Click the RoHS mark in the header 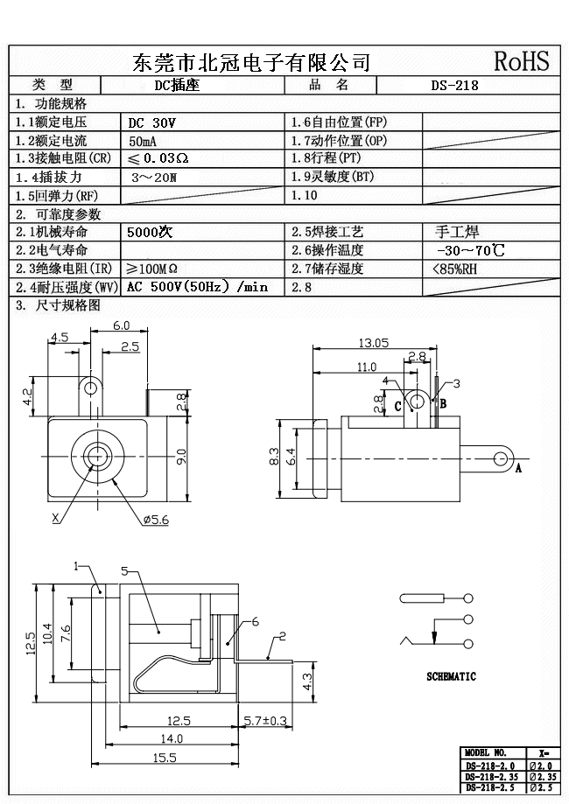click(x=522, y=60)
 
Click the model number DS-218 click(x=455, y=86)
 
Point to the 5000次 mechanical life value click(x=151, y=233)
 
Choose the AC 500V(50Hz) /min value click(x=197, y=287)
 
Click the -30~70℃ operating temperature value click(x=470, y=251)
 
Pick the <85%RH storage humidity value click(x=455, y=269)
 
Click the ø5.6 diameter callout click(x=158, y=520)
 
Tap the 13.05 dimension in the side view click(x=374, y=343)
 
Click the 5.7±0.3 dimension click(x=263, y=721)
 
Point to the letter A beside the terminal click(x=517, y=468)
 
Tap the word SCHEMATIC click(x=451, y=676)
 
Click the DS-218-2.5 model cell click(x=491, y=787)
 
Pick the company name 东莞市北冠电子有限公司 click(x=251, y=61)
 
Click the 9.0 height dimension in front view click(x=182, y=457)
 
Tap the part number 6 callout click(x=255, y=621)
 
